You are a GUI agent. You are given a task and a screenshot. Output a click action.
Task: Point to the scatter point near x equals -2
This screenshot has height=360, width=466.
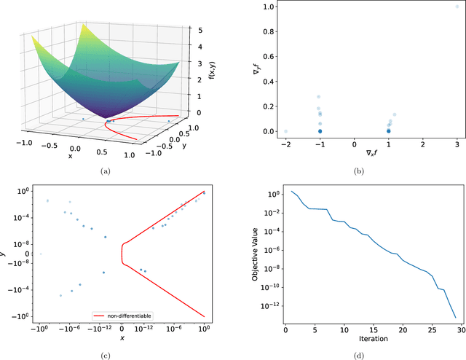[285, 131]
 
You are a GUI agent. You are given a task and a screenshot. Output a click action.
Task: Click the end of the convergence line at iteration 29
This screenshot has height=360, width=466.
[456, 318]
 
